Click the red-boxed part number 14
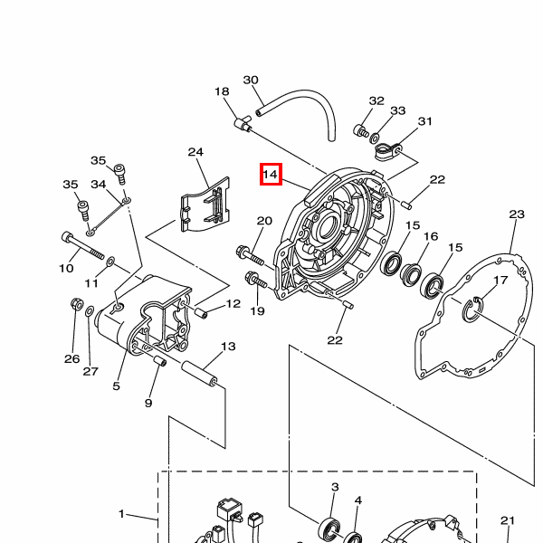pos(271,174)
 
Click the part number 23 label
pos(517,214)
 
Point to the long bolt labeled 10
pos(82,245)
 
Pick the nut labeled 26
pos(77,304)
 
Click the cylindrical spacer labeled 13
pos(200,374)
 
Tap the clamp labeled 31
pos(388,151)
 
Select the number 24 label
pos(195,152)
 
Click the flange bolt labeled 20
pos(250,255)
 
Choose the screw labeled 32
pos(361,131)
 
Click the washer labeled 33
pos(375,138)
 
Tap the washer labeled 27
pos(90,311)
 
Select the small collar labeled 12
pos(201,313)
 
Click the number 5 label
pos(117,386)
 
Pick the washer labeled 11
pos(110,262)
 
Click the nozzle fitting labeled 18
pos(243,124)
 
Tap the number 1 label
pos(121,514)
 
